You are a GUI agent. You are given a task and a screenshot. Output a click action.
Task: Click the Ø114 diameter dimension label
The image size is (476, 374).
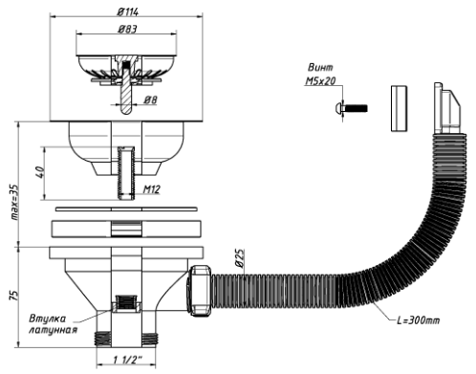point(127,12)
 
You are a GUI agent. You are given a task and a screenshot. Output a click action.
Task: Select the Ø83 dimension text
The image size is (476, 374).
point(127,30)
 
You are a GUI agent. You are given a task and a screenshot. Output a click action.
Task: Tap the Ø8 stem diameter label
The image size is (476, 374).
point(150,99)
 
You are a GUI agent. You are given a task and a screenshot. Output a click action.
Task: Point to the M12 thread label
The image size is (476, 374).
point(151,189)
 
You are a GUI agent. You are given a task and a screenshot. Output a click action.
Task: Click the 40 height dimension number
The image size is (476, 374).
point(41,172)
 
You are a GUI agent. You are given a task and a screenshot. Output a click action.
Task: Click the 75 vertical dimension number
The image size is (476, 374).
point(14,295)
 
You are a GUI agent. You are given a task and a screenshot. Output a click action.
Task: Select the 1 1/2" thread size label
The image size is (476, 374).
point(127,360)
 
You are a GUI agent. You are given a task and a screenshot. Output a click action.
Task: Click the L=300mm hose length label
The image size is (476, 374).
point(418,319)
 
